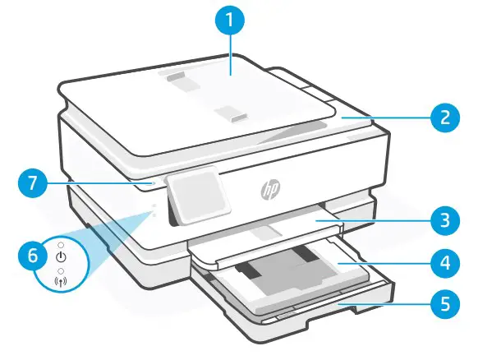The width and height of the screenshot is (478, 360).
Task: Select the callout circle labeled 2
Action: (444, 117)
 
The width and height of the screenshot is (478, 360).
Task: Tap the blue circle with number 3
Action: (444, 220)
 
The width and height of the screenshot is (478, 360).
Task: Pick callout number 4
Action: (444, 265)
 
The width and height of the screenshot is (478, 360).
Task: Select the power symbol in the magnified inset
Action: (60, 256)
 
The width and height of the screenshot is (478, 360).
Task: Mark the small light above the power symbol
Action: (60, 244)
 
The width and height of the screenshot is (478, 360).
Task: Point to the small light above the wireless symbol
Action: (60, 268)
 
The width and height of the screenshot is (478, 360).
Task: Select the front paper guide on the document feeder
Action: (233, 118)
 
